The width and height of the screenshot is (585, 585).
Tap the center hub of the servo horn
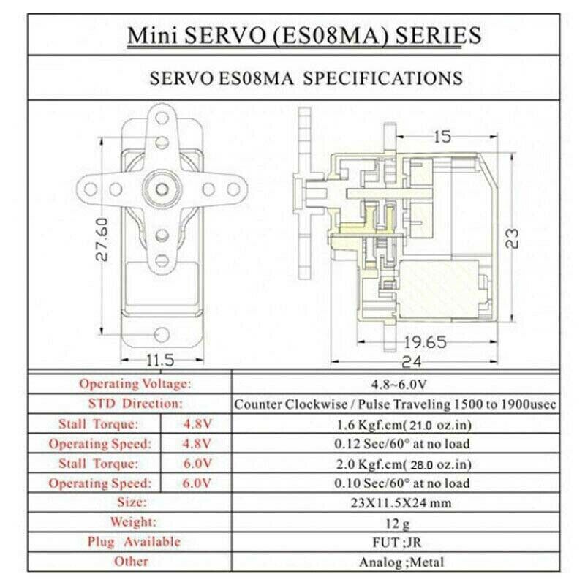[159, 187]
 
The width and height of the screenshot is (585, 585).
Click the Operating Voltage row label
[135, 383]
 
